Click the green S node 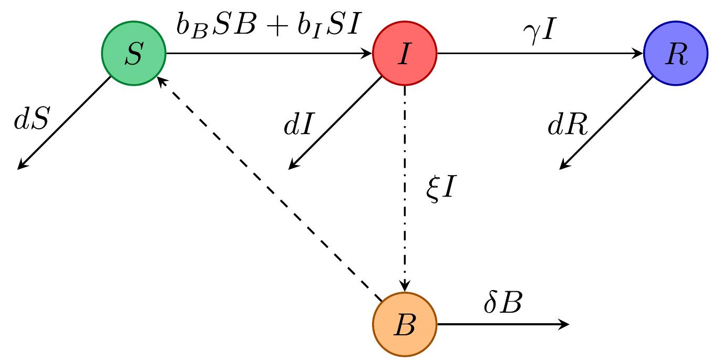coord(133,54)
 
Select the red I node coord(405,54)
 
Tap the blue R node coord(676,54)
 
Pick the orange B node coord(405,325)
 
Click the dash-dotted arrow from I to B coord(405,189)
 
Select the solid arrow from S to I coord(268,54)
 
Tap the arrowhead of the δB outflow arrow coord(565,325)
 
